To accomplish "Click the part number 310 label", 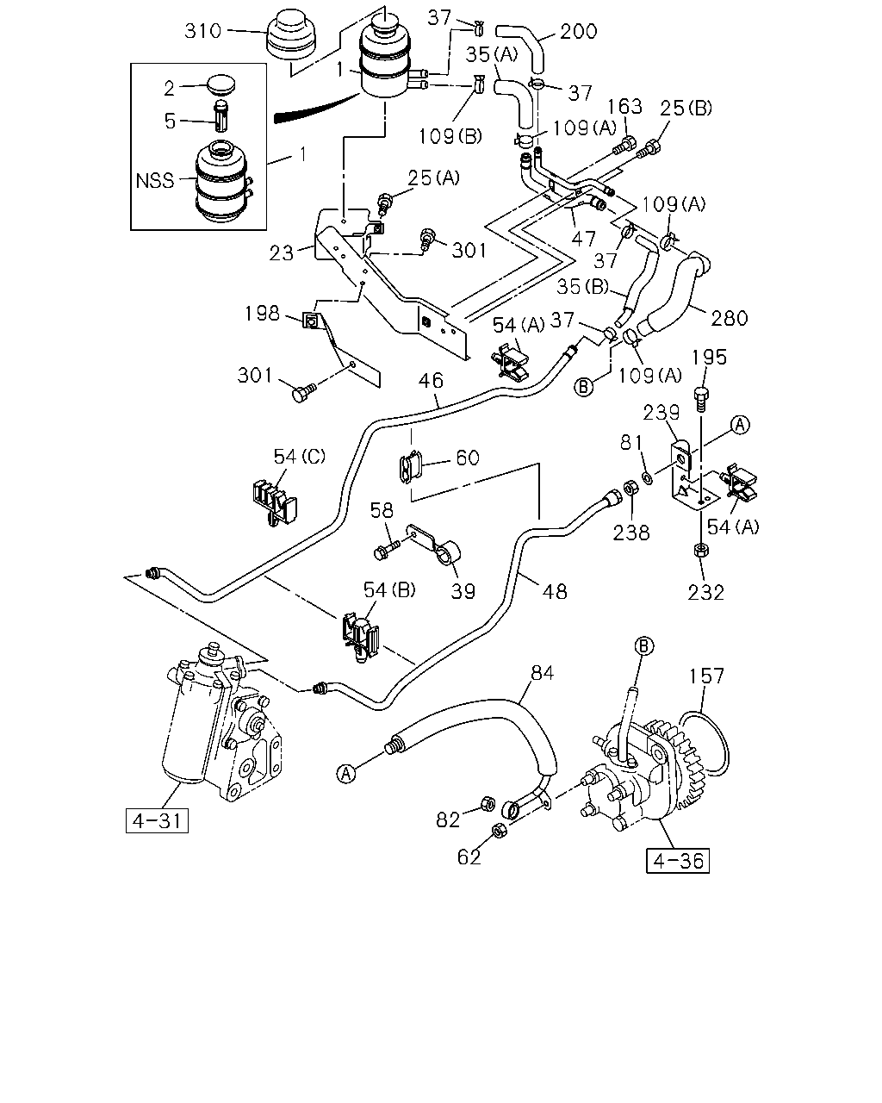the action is (203, 31).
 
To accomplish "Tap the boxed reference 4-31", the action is (157, 820).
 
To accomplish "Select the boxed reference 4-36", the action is (678, 861).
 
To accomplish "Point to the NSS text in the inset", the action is (155, 180).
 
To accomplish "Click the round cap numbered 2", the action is (221, 84).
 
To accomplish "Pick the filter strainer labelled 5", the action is (221, 117).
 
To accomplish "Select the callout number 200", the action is (579, 32).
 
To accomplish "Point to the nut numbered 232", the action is (701, 551).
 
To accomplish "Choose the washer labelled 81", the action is (648, 479).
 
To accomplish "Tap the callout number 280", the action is (730, 319).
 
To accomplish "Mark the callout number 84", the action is (543, 673).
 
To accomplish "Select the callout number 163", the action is (624, 107).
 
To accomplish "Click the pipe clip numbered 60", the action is (411, 466).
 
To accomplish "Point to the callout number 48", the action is (555, 592).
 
